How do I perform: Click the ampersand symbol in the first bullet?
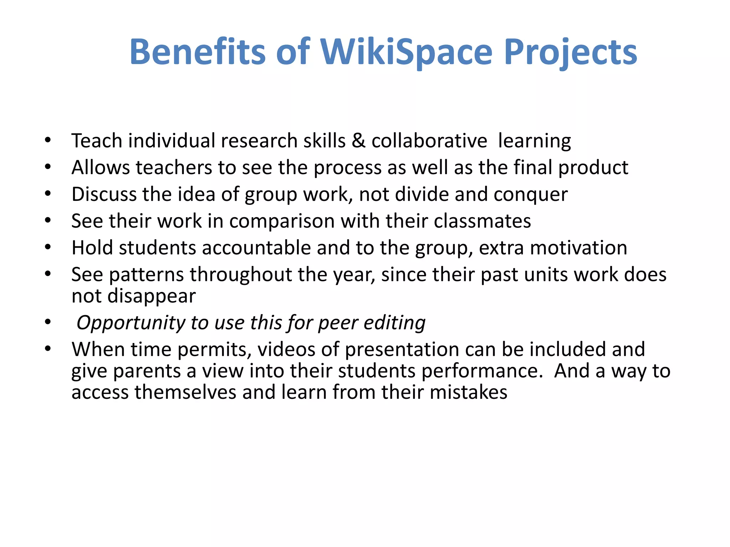(359, 141)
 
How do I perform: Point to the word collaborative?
(429, 141)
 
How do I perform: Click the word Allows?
(101, 167)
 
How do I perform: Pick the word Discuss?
(104, 194)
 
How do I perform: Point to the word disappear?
(151, 296)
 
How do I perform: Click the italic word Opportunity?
(131, 323)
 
